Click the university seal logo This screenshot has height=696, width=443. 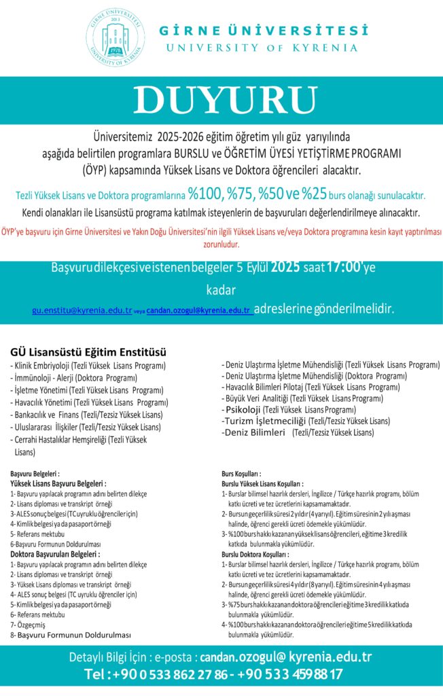click(116, 38)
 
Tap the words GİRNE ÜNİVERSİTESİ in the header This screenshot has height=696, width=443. click(263, 31)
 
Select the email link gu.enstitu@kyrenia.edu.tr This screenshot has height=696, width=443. click(82, 310)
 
